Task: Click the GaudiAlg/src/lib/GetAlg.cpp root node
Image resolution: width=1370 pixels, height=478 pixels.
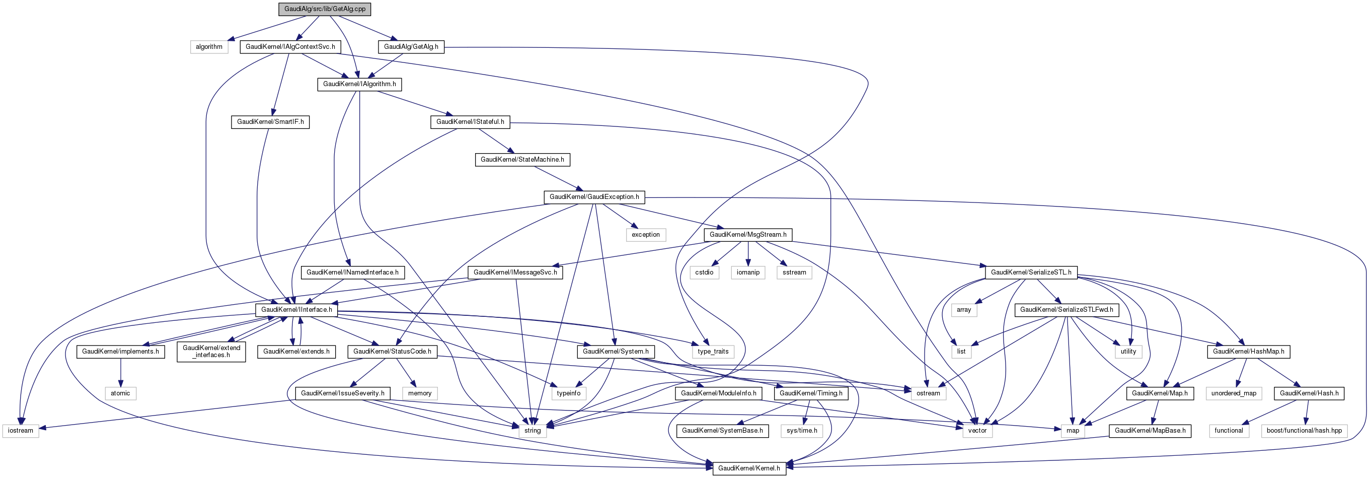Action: [325, 9]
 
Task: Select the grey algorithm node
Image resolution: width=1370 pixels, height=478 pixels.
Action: [209, 47]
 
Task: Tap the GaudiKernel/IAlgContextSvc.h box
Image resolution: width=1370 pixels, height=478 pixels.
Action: [290, 47]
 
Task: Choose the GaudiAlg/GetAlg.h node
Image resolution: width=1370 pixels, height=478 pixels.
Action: [411, 47]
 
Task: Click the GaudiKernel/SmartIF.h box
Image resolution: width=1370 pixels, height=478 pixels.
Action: [270, 122]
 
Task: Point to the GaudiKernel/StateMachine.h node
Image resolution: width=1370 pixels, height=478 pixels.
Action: [522, 160]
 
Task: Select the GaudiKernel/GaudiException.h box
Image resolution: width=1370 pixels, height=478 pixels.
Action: [594, 197]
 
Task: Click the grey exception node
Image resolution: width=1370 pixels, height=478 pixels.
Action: [646, 235]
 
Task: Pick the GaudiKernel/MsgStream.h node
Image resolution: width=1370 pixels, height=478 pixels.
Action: [748, 235]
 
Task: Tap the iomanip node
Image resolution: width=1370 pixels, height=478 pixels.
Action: [748, 272]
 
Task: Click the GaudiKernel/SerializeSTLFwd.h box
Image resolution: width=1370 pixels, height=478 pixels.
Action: [1067, 310]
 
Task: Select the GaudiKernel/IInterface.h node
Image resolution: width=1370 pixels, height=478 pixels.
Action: [296, 310]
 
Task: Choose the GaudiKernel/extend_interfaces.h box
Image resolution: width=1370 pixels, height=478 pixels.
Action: [212, 352]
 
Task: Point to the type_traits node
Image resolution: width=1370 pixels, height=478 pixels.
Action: [713, 352]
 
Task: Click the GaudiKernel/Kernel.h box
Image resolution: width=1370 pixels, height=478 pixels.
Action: [749, 468]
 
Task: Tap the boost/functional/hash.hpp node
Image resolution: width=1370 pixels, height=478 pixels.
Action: [1304, 431]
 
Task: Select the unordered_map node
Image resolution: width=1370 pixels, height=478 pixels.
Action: [1233, 393]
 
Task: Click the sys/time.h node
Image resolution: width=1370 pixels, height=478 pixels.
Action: [801, 431]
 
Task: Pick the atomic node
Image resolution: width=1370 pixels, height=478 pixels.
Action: [120, 393]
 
